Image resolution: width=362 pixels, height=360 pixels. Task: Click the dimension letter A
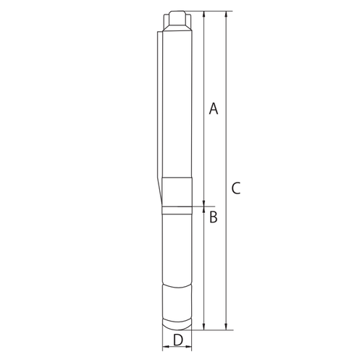[213, 109]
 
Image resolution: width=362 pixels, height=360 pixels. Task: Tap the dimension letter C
[236, 189]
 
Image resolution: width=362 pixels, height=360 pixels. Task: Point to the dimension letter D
[177, 339]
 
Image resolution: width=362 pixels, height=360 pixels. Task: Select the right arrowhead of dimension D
[190, 347]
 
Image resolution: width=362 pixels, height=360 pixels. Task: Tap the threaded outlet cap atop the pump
[177, 19]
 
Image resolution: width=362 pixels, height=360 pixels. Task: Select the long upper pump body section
[177, 101]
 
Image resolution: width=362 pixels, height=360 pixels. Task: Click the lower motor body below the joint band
[177, 246]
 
